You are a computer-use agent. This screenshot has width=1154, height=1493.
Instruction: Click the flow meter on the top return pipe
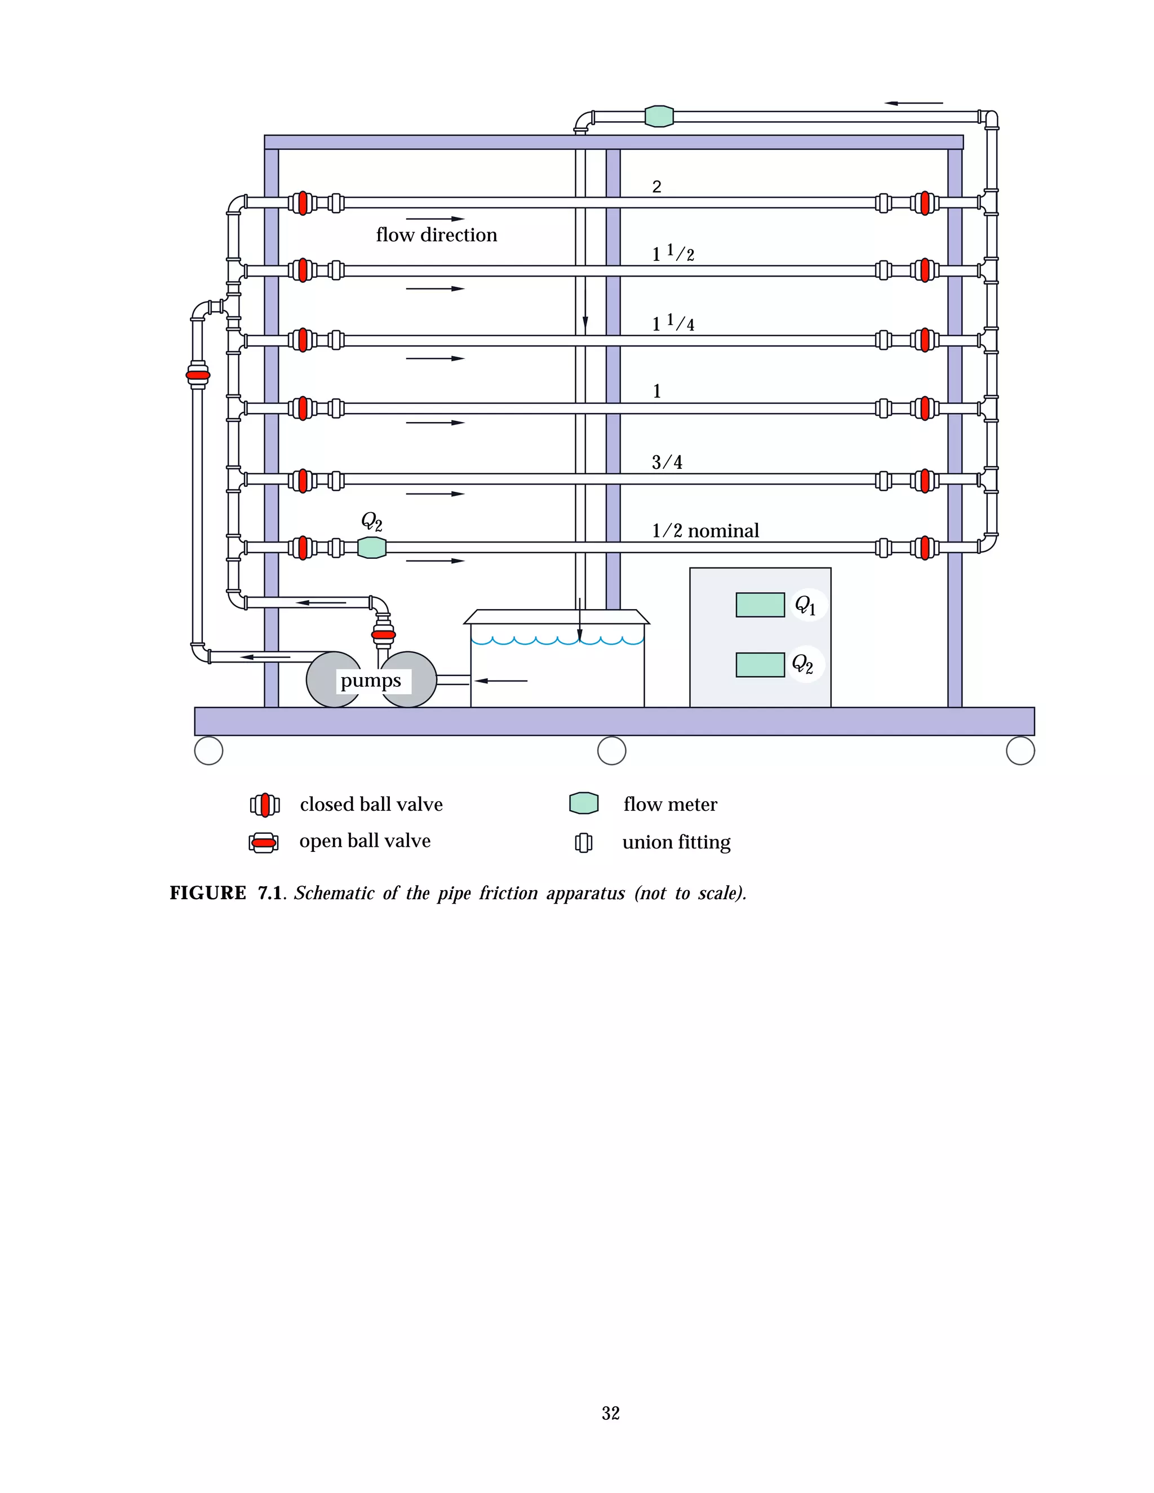tap(659, 116)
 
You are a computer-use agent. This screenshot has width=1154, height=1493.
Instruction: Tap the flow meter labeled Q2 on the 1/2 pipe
tap(372, 548)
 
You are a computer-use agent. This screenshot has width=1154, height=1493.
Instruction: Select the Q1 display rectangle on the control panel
tap(760, 605)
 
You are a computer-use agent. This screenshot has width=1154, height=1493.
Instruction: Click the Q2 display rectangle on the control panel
tap(760, 664)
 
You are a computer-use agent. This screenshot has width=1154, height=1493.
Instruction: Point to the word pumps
tap(371, 681)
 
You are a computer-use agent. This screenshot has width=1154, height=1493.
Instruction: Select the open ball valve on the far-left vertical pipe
tap(198, 375)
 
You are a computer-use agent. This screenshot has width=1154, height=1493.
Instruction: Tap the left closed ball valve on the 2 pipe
tap(302, 203)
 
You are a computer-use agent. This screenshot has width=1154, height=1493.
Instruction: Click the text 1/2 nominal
tap(705, 531)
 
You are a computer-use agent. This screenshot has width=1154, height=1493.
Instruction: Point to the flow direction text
tap(436, 235)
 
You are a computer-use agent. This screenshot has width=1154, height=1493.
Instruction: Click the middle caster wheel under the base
tap(611, 750)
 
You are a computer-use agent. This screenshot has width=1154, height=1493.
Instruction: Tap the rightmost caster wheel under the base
tap(1020, 750)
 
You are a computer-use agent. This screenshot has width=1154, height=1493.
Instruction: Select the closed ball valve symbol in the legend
tap(265, 805)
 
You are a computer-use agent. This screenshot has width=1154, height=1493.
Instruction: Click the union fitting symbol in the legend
tap(583, 842)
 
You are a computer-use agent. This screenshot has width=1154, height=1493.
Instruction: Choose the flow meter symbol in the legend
tap(584, 803)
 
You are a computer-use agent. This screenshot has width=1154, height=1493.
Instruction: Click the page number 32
tap(610, 1413)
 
